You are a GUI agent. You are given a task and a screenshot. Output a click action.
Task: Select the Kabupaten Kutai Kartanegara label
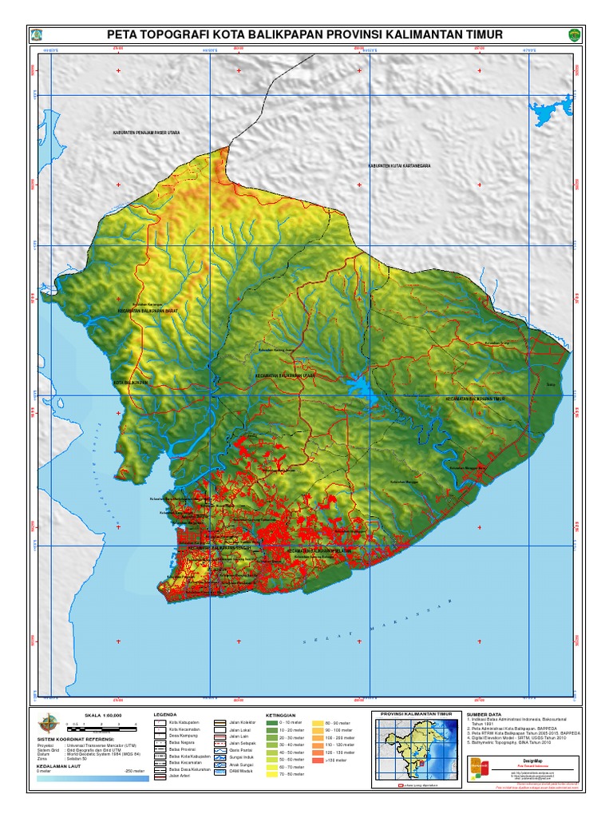(x=399, y=166)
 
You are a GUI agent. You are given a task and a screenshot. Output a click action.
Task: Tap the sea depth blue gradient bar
(x=92, y=777)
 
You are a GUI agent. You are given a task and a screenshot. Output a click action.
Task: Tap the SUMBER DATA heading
(x=484, y=713)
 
